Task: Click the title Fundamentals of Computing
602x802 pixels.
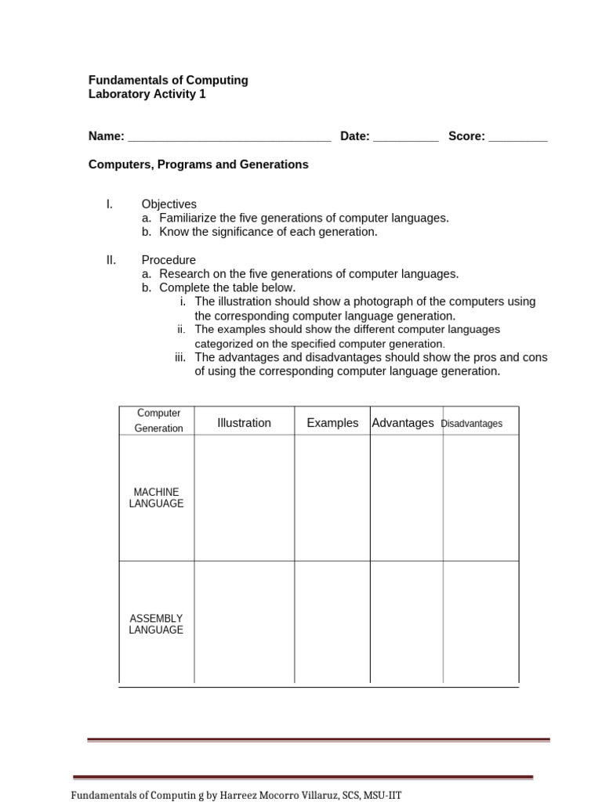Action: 168,80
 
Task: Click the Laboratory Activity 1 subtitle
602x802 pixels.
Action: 147,94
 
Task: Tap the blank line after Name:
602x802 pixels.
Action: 229,138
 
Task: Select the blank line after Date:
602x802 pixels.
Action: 405,138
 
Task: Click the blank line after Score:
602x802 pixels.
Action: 517,138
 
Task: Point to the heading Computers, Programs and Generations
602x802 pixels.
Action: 198,164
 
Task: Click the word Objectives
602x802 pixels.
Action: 169,204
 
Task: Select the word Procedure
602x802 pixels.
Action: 169,260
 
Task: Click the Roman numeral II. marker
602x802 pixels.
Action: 111,260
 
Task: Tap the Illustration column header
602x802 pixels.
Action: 244,423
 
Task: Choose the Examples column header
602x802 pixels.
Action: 332,423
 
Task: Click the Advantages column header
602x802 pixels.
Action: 403,423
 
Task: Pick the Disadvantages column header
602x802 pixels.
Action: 472,424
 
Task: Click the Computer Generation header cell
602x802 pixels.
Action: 158,421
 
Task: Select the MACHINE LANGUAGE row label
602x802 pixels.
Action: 156,498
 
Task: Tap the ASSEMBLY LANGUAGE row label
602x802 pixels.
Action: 156,624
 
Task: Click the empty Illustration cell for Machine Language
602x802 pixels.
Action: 244,498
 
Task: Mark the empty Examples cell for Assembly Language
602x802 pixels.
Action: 332,623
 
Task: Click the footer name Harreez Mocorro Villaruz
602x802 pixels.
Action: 287,795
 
